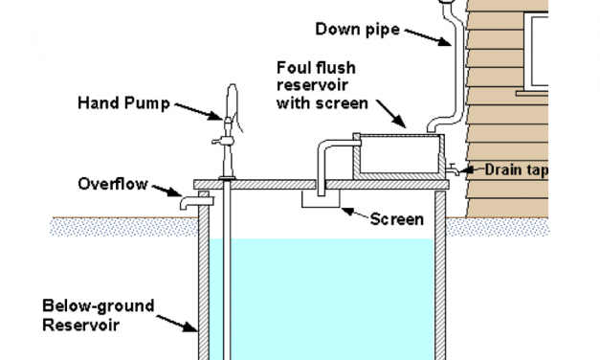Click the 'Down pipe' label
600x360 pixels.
point(357,30)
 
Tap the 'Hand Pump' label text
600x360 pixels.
point(124,103)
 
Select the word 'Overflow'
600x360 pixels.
point(113,184)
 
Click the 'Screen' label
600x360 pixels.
point(397,219)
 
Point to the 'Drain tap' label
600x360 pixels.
point(517,169)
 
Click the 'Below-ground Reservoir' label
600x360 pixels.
point(99,316)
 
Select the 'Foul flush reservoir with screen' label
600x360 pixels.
point(322,85)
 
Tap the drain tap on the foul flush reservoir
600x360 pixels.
point(453,169)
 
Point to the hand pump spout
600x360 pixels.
point(220,142)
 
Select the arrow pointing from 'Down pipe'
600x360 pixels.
point(428,37)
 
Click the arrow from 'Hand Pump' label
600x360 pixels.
point(199,111)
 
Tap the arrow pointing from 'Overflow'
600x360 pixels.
point(167,191)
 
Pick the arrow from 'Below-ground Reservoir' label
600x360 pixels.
point(177,324)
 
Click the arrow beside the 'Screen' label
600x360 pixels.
point(355,213)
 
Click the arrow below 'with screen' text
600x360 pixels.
point(391,114)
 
